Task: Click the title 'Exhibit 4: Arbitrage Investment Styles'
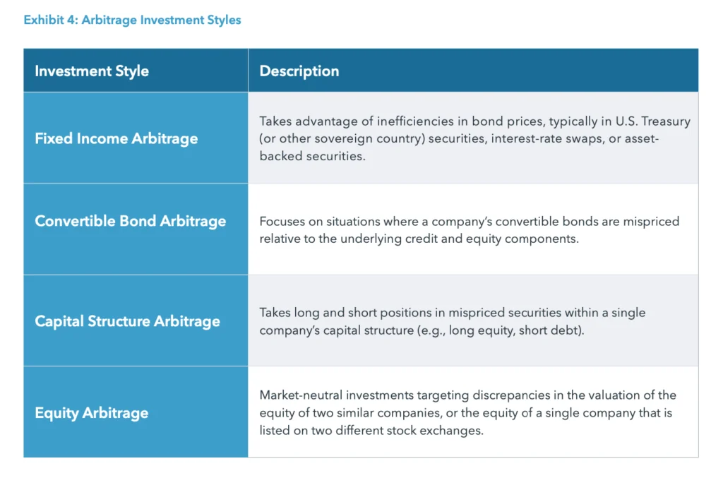coord(132,20)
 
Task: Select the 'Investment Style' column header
coord(92,71)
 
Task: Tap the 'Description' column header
coord(299,71)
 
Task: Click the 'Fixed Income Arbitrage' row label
coord(116,138)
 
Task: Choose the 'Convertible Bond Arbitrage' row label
coord(131,221)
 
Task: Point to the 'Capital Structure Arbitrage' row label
coord(127,321)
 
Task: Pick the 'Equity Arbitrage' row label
coord(92,413)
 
